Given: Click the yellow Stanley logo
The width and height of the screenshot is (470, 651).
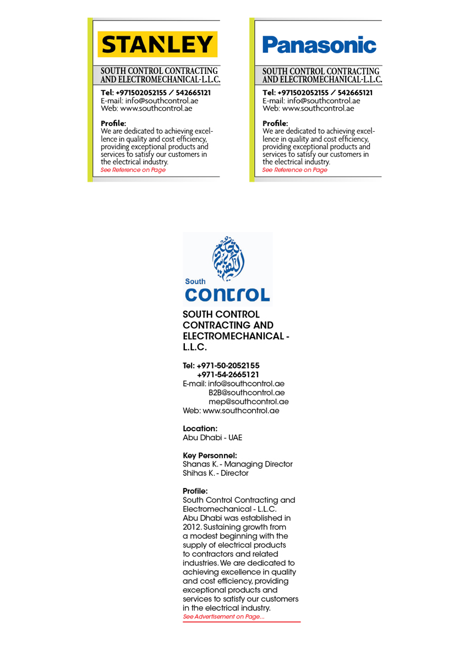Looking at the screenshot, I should (x=157, y=44).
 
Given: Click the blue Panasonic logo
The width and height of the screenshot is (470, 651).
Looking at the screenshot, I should (x=319, y=45).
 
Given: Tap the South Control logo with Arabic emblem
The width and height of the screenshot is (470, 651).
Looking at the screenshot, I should (x=227, y=268).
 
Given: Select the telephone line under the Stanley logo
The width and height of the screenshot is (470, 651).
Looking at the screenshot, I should (x=156, y=93).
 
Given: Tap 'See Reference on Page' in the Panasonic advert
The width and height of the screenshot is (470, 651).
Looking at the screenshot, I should (x=294, y=170).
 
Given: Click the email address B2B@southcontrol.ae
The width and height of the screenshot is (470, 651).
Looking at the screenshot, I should (x=246, y=393).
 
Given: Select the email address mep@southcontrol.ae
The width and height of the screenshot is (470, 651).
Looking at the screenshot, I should (x=248, y=402).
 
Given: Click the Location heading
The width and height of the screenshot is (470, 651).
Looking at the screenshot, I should (x=200, y=428).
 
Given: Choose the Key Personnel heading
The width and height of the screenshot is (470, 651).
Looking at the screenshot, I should (x=210, y=455).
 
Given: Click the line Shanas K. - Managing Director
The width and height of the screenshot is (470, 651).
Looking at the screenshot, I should (x=237, y=464).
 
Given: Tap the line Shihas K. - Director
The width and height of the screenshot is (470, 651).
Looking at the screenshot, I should (x=215, y=473).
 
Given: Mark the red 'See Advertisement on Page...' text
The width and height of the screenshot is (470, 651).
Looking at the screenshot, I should (x=223, y=617).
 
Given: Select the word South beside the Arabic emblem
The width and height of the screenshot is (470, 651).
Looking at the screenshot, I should (x=195, y=281).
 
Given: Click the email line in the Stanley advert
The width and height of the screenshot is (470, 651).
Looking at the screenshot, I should (x=149, y=101).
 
